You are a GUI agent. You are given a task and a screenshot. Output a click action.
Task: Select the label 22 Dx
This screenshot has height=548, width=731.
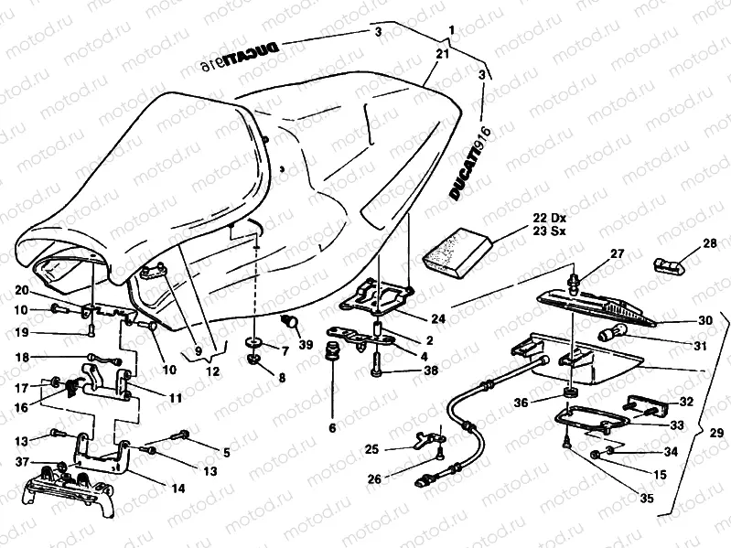pyautogui.click(x=547, y=218)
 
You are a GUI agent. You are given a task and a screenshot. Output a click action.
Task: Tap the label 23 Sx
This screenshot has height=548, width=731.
pyautogui.click(x=547, y=232)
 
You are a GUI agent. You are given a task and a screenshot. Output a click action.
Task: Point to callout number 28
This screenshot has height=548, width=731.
pyautogui.click(x=711, y=243)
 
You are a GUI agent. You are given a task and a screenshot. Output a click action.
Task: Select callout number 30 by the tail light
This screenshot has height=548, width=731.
pyautogui.click(x=705, y=321)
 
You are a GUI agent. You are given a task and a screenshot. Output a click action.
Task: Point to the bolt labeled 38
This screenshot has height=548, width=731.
pyautogui.click(x=380, y=371)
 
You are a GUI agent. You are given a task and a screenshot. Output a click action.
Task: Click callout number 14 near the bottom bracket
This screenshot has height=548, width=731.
pyautogui.click(x=177, y=489)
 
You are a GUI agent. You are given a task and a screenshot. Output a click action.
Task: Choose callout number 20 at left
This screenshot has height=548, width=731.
pyautogui.click(x=22, y=290)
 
